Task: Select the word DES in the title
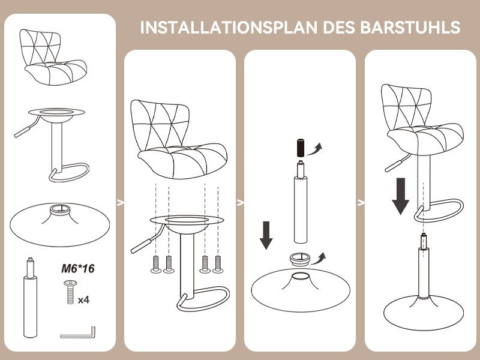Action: point(339,28)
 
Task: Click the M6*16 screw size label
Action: point(78,269)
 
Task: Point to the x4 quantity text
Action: point(85,298)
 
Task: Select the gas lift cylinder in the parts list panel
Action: point(29,300)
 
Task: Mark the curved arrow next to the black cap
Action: point(316,148)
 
